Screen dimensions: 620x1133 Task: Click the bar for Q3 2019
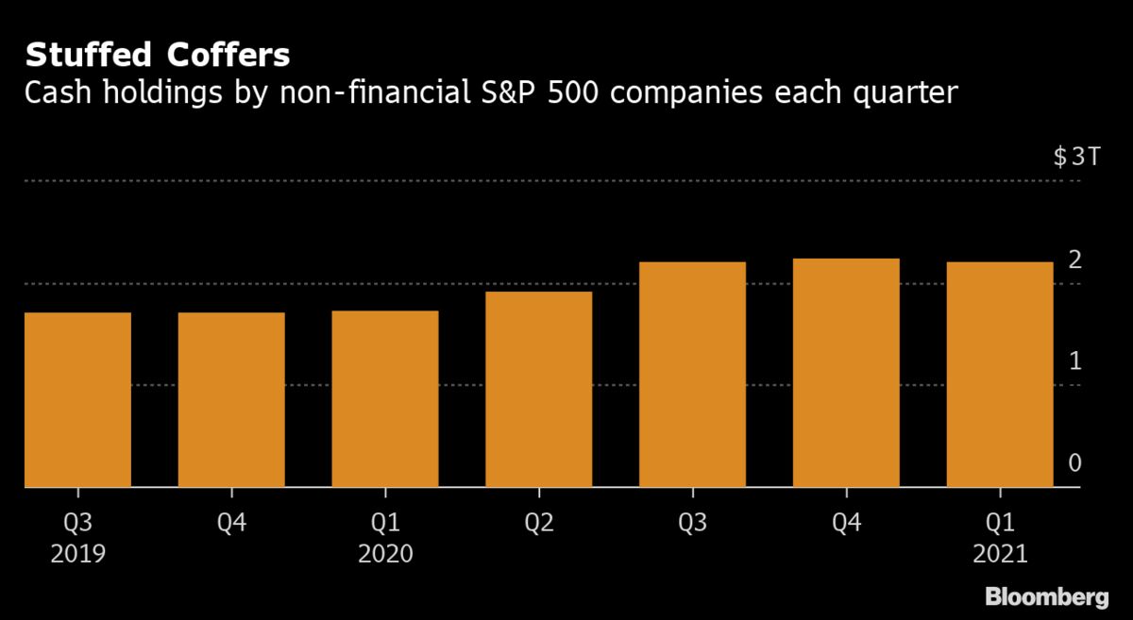(x=77, y=400)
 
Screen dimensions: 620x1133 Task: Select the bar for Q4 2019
(x=231, y=400)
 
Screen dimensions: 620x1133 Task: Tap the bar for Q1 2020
(x=385, y=399)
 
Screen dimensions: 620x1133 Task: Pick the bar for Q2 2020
(x=538, y=390)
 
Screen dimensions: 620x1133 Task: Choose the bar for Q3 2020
(x=692, y=375)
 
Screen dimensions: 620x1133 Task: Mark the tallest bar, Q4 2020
(x=846, y=373)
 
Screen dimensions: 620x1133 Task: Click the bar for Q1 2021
(x=1000, y=375)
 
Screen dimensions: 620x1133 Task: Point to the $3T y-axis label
(x=1076, y=158)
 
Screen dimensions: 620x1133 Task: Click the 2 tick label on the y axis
(x=1074, y=260)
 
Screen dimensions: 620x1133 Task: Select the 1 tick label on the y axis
(x=1074, y=361)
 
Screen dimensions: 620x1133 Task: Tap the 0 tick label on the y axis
(x=1074, y=463)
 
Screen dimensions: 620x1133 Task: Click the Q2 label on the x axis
(x=538, y=522)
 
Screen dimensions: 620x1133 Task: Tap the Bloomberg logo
(x=1046, y=596)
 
